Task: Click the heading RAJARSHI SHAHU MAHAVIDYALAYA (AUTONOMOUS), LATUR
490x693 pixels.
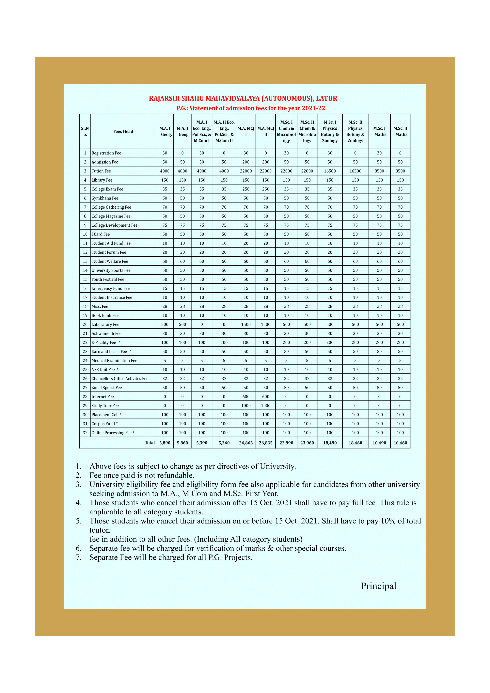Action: pyautogui.click(x=243, y=98)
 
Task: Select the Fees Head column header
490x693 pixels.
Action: pyautogui.click(x=123, y=131)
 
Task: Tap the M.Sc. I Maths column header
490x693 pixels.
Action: pyautogui.click(x=379, y=131)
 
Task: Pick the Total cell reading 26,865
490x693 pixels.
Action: pyautogui.click(x=246, y=443)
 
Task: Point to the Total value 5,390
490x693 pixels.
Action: pyautogui.click(x=202, y=443)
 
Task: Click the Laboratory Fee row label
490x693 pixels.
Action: pyautogui.click(x=105, y=324)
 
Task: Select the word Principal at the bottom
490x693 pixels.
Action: pyautogui.click(x=378, y=586)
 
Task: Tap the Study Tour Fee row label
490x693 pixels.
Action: pyautogui.click(x=105, y=406)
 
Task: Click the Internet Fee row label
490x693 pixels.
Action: pyautogui.click(x=103, y=397)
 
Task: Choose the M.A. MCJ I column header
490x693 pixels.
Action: pyautogui.click(x=246, y=131)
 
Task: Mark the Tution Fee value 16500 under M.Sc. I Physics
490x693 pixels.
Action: pyautogui.click(x=330, y=171)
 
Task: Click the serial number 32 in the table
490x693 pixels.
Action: pyautogui.click(x=85, y=432)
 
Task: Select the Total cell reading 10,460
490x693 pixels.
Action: pyautogui.click(x=400, y=443)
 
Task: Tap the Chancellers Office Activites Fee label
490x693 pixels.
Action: pyautogui.click(x=120, y=379)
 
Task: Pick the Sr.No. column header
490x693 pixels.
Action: pyautogui.click(x=85, y=131)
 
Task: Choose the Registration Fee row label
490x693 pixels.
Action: pyautogui.click(x=106, y=153)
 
